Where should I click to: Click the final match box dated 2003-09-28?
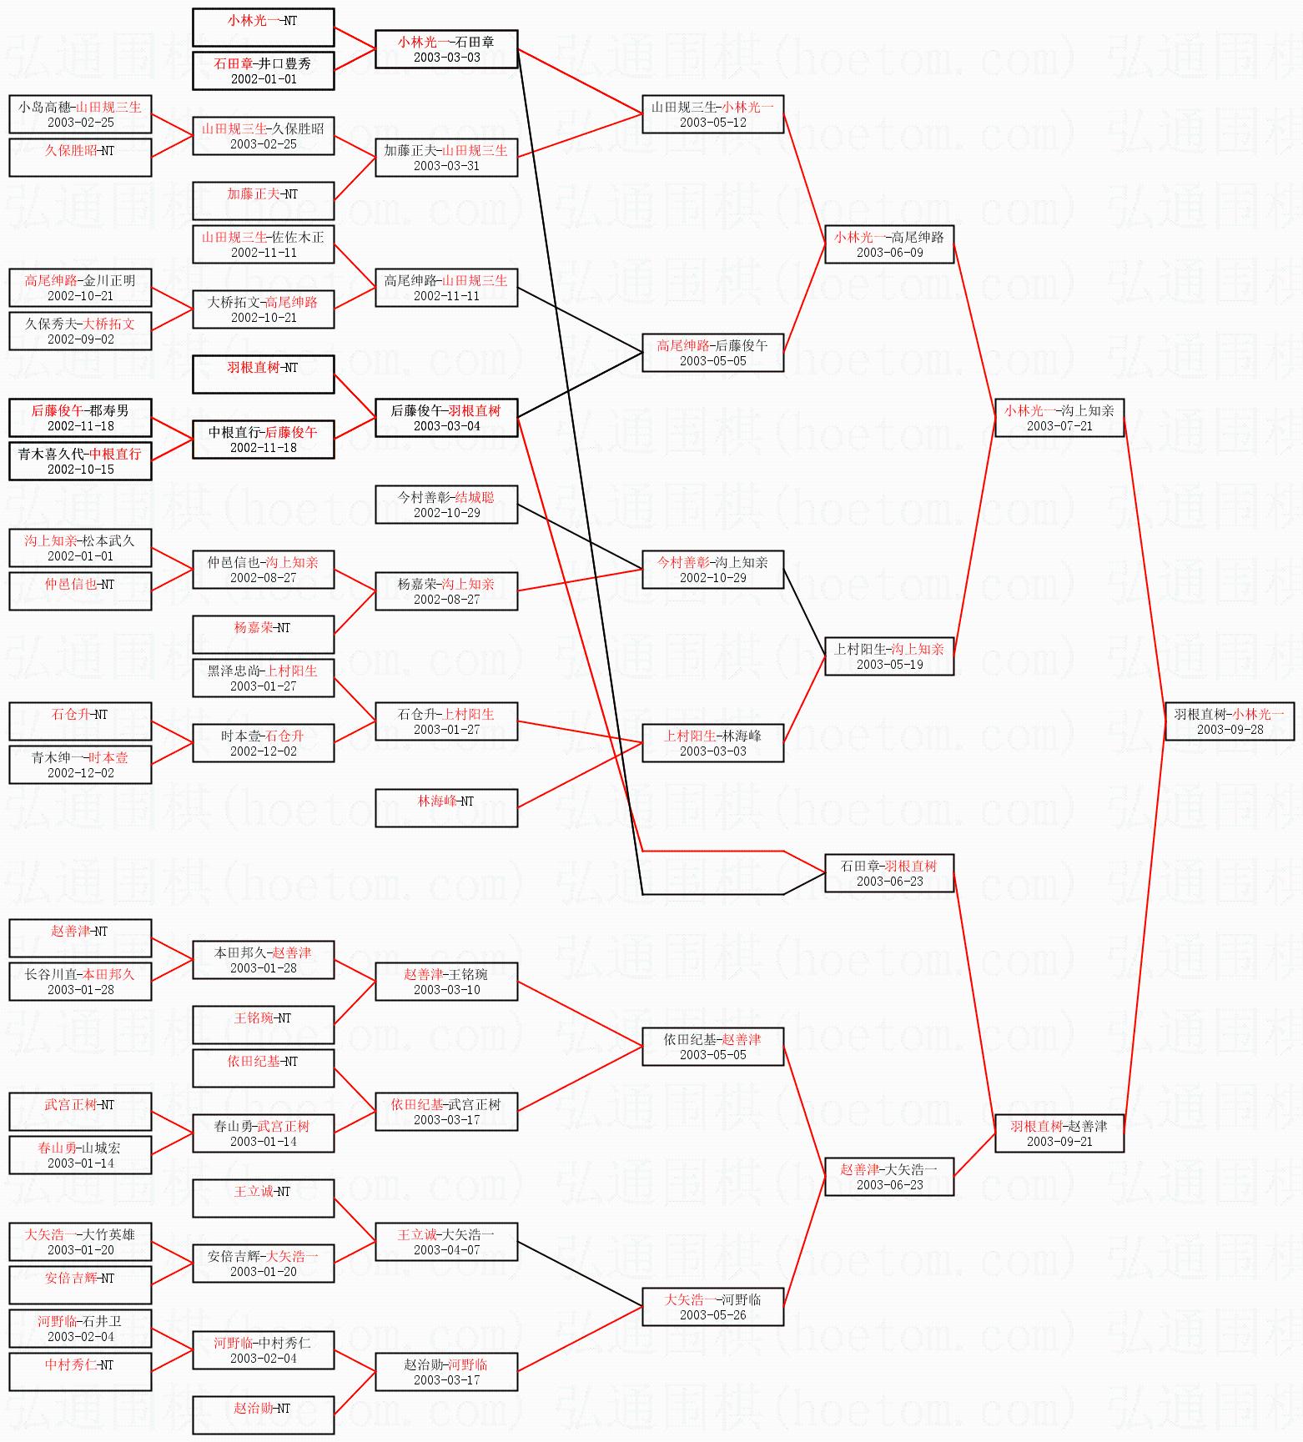click(1229, 721)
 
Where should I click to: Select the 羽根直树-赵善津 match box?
click(1059, 1133)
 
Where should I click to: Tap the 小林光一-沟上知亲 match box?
click(1059, 418)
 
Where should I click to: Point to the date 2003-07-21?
click(1059, 426)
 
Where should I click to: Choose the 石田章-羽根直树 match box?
click(888, 873)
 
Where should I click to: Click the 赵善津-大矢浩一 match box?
click(888, 1177)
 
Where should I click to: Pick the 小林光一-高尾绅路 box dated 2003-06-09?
click(888, 244)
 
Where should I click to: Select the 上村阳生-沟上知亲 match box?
click(888, 656)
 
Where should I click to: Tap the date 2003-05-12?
click(712, 123)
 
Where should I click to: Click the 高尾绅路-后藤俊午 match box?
click(712, 353)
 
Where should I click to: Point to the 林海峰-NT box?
click(446, 808)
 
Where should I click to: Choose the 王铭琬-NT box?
click(263, 1025)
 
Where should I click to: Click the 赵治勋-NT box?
click(263, 1415)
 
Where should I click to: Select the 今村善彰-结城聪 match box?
click(446, 505)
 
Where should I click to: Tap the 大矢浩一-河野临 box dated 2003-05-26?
click(712, 1307)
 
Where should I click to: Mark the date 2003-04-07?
click(446, 1250)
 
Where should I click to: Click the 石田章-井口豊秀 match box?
click(263, 71)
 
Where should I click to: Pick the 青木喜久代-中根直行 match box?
click(80, 461)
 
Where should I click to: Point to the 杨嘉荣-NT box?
click(263, 635)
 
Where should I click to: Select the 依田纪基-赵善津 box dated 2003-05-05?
click(712, 1047)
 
